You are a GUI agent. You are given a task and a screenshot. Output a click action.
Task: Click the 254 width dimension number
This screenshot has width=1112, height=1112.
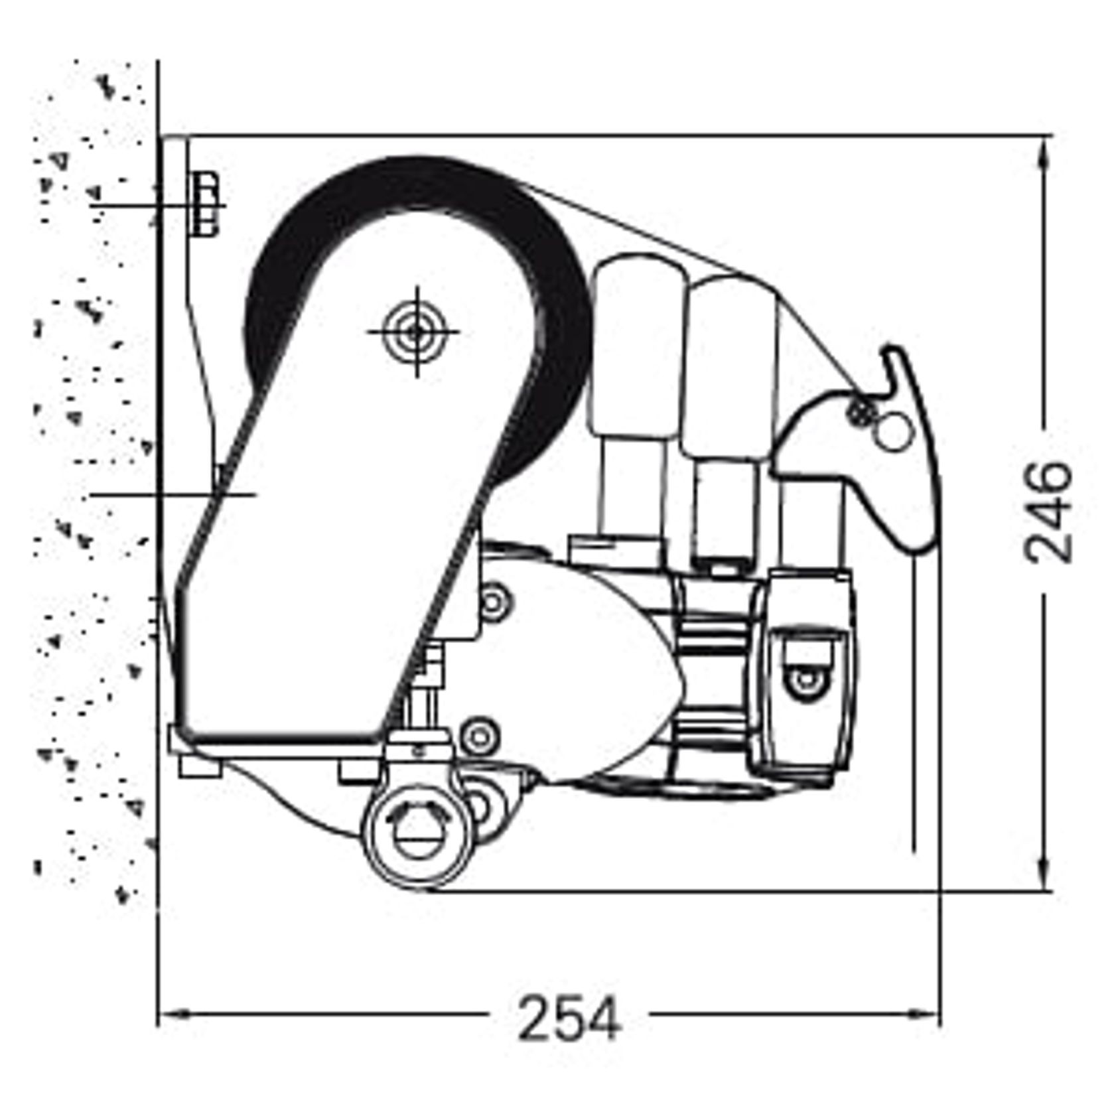pyautogui.click(x=569, y=1018)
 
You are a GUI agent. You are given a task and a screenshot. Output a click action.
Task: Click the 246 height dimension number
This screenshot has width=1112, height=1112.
pyautogui.click(x=1048, y=512)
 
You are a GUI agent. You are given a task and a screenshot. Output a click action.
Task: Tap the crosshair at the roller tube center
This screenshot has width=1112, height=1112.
pyautogui.click(x=416, y=332)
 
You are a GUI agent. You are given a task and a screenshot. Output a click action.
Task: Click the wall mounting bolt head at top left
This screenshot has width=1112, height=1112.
pyautogui.click(x=207, y=204)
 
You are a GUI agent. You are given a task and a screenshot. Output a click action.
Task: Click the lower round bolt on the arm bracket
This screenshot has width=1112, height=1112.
pyautogui.click(x=478, y=735)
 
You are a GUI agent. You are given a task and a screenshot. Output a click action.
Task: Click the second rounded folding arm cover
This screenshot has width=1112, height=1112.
pyautogui.click(x=730, y=365)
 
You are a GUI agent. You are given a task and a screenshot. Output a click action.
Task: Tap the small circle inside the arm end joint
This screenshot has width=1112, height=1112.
pyautogui.click(x=805, y=680)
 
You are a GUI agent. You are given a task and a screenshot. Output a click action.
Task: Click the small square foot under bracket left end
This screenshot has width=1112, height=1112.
pyautogui.click(x=200, y=768)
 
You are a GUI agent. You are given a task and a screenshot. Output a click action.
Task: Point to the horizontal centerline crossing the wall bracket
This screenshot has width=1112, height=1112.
pyautogui.click(x=173, y=494)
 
